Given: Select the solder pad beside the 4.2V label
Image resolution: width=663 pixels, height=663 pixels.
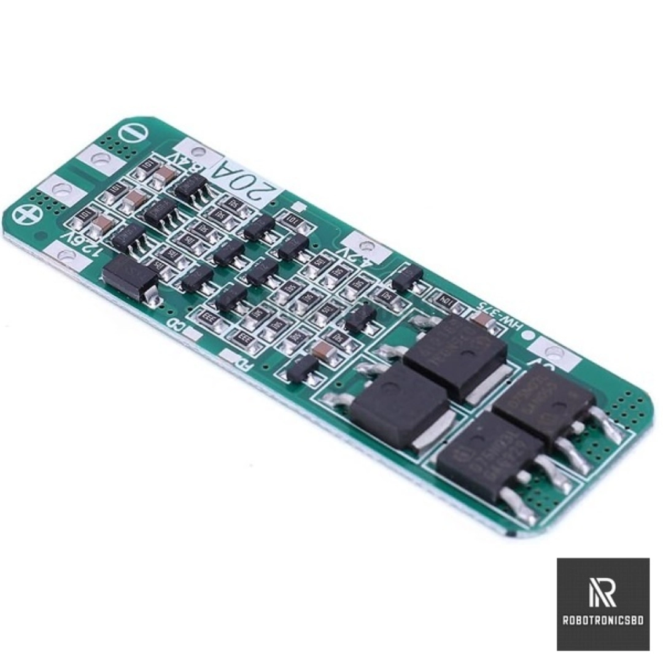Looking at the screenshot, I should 366,247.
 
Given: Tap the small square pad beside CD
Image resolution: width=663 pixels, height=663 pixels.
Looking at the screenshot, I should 193,333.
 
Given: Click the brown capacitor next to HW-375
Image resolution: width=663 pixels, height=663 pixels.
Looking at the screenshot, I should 481,319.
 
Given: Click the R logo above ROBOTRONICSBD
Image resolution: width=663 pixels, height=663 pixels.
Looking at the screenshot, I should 602,592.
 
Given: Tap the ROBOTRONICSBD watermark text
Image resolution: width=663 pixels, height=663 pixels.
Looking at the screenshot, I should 603,621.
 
